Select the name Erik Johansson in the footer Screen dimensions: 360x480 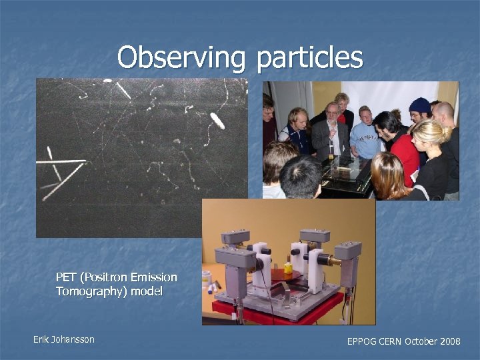click(x=64, y=339)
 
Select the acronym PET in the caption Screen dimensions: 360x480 click(x=66, y=277)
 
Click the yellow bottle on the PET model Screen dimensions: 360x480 click(x=288, y=268)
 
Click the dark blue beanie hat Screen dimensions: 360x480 click(x=419, y=105)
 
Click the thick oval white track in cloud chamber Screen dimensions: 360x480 click(x=217, y=121)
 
